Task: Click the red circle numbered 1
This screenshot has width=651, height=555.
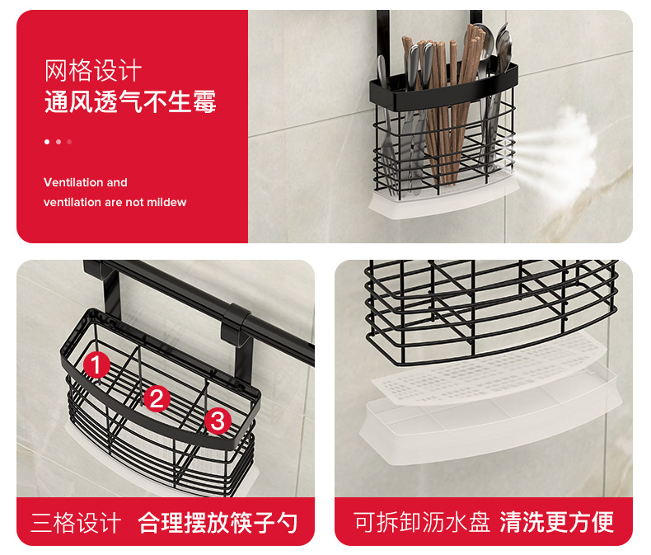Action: coord(96,365)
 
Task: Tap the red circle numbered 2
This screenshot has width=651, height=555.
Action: coord(157,398)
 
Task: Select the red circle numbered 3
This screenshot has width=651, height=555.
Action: coord(218,421)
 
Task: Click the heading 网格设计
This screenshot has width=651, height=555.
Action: coord(93,71)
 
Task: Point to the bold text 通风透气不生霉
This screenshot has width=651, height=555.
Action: coord(130,101)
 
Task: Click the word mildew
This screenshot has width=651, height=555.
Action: coord(166,202)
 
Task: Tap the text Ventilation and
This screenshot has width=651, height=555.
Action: coord(85,182)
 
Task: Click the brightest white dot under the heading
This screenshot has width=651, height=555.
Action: coord(47,142)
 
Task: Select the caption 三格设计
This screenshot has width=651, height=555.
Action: coord(76,522)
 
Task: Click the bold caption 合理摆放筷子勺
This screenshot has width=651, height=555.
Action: coord(218,522)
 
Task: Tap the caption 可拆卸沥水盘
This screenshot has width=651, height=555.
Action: coord(422,522)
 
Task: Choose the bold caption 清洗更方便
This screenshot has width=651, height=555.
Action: coord(557,522)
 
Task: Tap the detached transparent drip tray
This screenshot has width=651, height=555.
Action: coord(490,420)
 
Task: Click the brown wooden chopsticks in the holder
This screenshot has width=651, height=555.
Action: coord(444,104)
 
